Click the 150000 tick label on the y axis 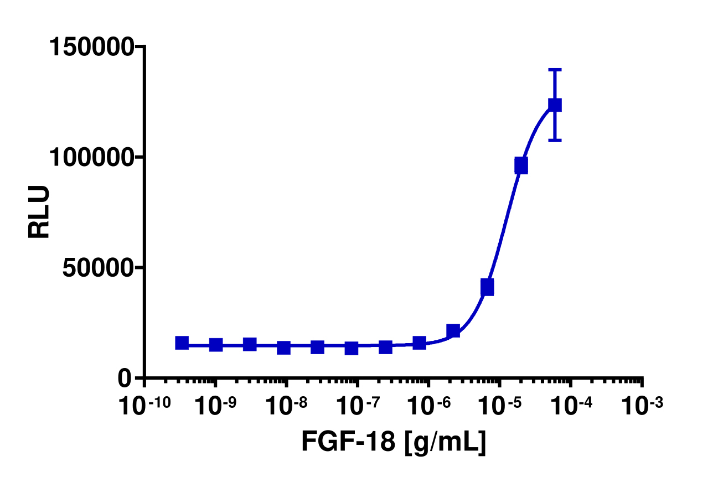click(91, 47)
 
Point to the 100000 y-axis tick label click(91, 158)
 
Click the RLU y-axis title click(39, 212)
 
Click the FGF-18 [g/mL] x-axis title click(394, 442)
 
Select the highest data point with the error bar click(555, 105)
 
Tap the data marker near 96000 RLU click(521, 165)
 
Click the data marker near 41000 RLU click(487, 287)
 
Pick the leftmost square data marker click(182, 343)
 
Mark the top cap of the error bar click(555, 70)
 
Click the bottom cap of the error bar click(555, 141)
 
